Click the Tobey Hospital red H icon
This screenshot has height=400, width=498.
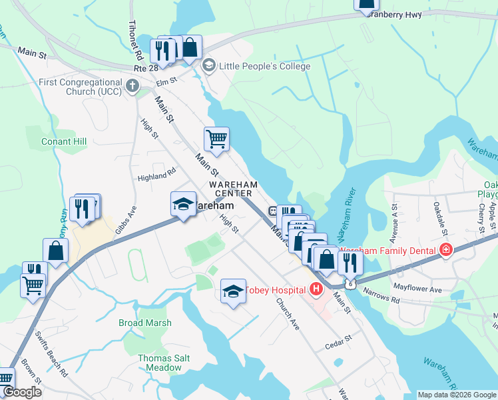(316, 289)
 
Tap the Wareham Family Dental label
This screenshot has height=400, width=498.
(389, 251)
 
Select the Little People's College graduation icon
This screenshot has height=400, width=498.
(208, 65)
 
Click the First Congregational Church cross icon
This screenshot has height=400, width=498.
(132, 85)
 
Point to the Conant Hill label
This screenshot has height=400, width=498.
(64, 142)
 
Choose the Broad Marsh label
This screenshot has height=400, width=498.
(145, 323)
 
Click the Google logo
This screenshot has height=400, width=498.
(22, 393)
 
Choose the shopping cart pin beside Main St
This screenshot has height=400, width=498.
(216, 139)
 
